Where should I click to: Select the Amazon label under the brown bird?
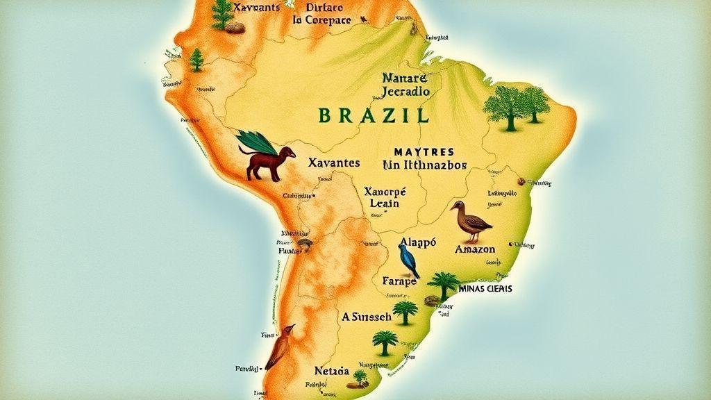pyautogui.click(x=475, y=249)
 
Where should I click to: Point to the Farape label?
pyautogui.click(x=399, y=281)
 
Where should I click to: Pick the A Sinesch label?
pyautogui.click(x=366, y=316)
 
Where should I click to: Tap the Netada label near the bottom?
pyautogui.click(x=331, y=371)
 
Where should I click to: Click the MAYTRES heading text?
pyautogui.click(x=424, y=151)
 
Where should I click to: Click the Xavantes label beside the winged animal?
pyautogui.click(x=333, y=163)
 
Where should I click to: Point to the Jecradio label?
pyautogui.click(x=406, y=91)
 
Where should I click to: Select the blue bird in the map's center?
pyautogui.click(x=409, y=259)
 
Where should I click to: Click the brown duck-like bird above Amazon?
pyautogui.click(x=470, y=219)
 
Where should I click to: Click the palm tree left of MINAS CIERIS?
pyautogui.click(x=442, y=283)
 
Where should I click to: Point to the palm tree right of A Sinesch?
pyautogui.click(x=405, y=311)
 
